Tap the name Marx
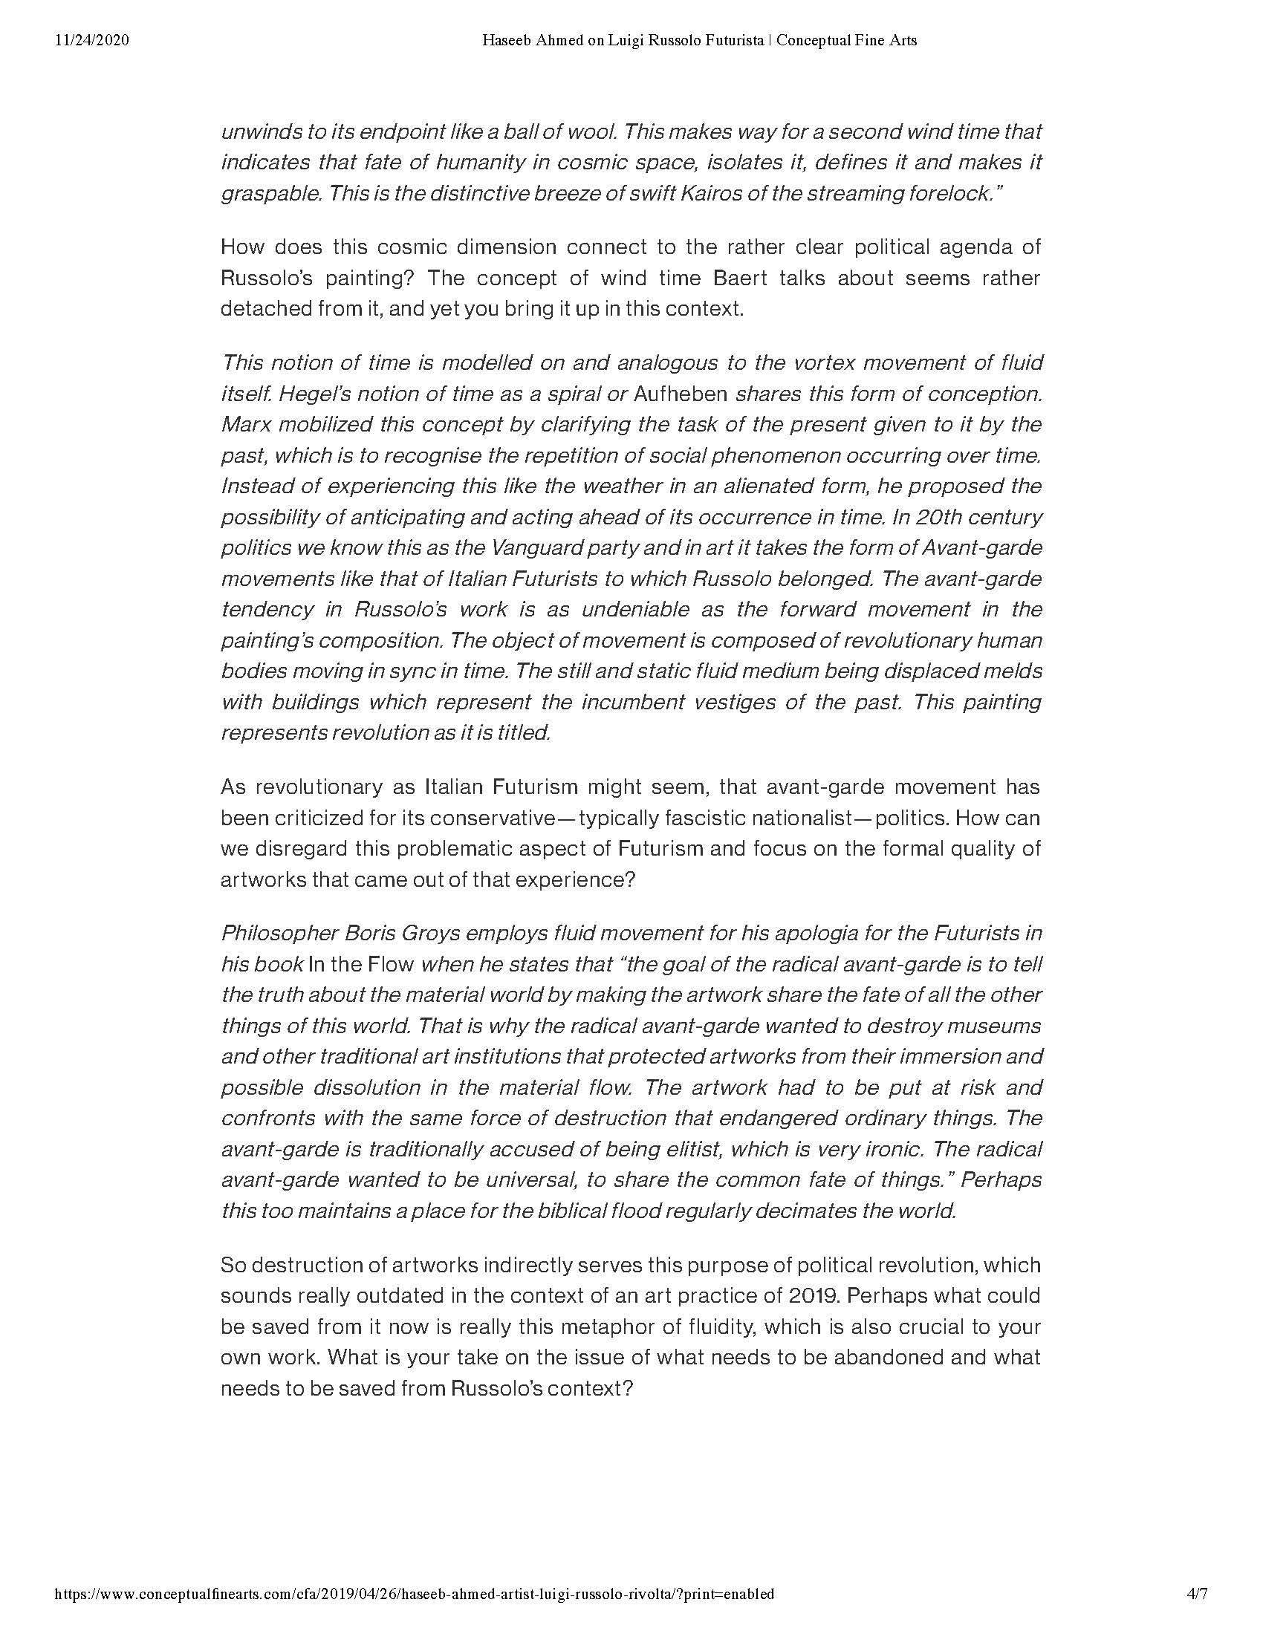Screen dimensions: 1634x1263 click(x=244, y=424)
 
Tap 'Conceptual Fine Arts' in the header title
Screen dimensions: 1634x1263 click(x=846, y=40)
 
